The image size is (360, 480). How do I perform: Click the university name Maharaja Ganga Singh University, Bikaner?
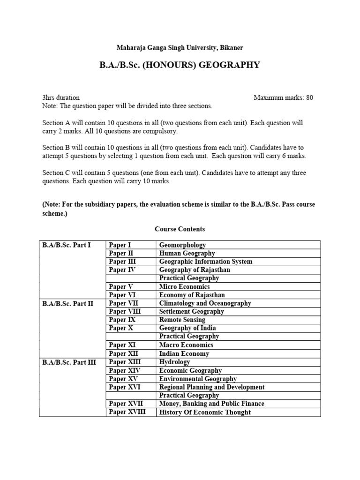(x=180, y=48)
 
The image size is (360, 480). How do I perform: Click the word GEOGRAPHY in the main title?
(x=229, y=65)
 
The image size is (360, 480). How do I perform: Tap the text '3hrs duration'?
(x=61, y=97)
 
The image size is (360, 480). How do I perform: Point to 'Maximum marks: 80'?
(x=283, y=97)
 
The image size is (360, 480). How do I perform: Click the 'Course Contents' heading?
(x=180, y=229)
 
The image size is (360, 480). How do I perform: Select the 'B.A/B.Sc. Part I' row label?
(x=67, y=245)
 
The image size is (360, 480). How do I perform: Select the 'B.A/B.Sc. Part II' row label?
(x=67, y=303)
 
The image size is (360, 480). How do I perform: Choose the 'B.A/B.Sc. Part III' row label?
(x=68, y=362)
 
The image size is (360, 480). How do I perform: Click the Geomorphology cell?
(x=182, y=245)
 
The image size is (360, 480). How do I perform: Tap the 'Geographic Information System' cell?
(x=205, y=262)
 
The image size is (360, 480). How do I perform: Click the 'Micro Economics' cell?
(x=184, y=286)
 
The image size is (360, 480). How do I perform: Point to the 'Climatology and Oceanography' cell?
(x=205, y=303)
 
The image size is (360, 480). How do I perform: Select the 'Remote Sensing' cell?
(x=182, y=320)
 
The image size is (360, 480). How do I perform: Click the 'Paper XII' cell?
(x=124, y=353)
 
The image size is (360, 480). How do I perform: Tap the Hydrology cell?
(x=175, y=362)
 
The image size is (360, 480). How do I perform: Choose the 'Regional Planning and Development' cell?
(x=212, y=387)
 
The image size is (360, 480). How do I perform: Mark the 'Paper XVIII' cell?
(x=127, y=412)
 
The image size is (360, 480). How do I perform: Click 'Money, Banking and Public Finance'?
(x=211, y=404)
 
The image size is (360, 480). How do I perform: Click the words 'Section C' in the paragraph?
(x=55, y=173)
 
